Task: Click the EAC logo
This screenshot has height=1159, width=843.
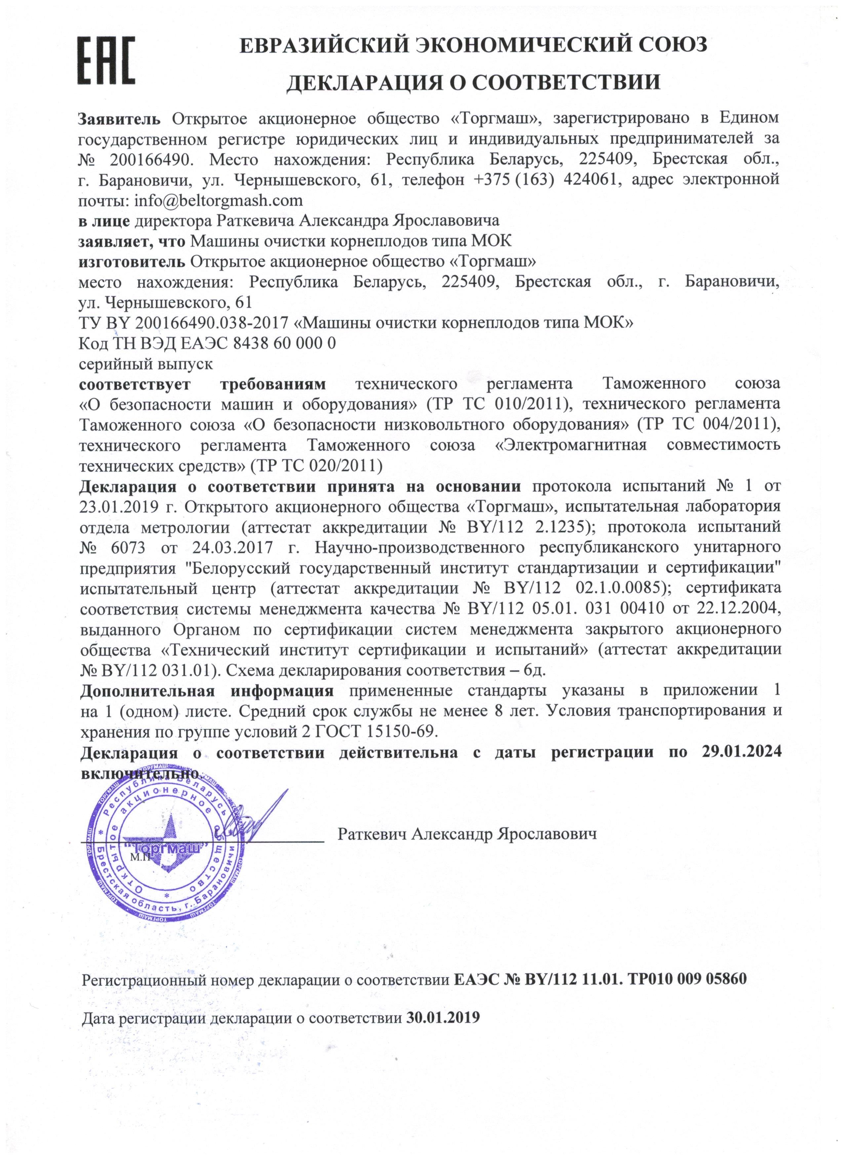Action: click(106, 60)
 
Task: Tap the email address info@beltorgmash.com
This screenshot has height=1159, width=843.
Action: click(218, 200)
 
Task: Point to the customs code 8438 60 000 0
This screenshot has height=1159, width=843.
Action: click(284, 343)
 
